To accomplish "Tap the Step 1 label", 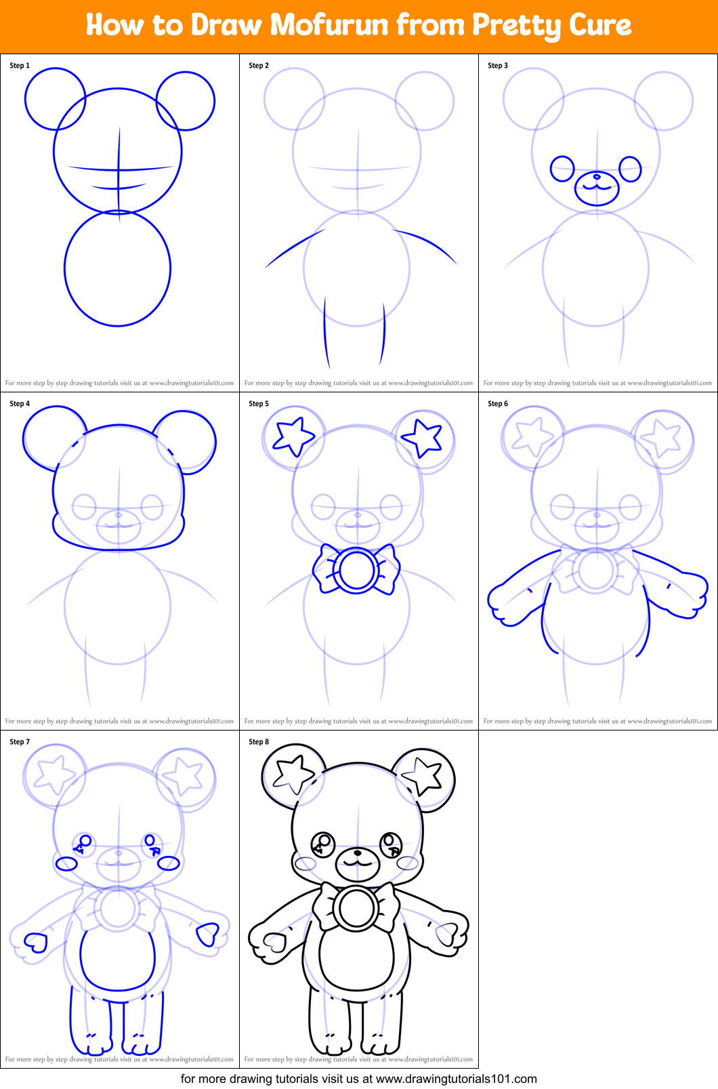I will pos(20,66).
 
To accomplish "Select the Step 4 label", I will pos(20,404).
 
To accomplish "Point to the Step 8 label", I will pos(259,742).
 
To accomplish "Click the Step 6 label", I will pos(498,404).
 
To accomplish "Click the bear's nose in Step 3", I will pos(597,177).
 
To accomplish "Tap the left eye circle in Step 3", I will pos(562,169).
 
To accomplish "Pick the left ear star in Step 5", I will pos(293,436).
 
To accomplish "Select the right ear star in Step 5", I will pos(423,436).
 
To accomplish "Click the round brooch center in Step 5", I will pos(356,571).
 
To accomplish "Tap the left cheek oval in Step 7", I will pos(66,863).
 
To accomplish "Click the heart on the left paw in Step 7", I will pos(35,943).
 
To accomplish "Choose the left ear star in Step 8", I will pos(293,774).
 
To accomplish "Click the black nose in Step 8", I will pos(357,853).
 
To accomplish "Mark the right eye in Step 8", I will pos(390,844).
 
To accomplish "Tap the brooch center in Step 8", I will pos(356,909).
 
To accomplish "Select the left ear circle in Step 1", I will pos(55,99).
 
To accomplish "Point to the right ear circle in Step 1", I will pos(186,101).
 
